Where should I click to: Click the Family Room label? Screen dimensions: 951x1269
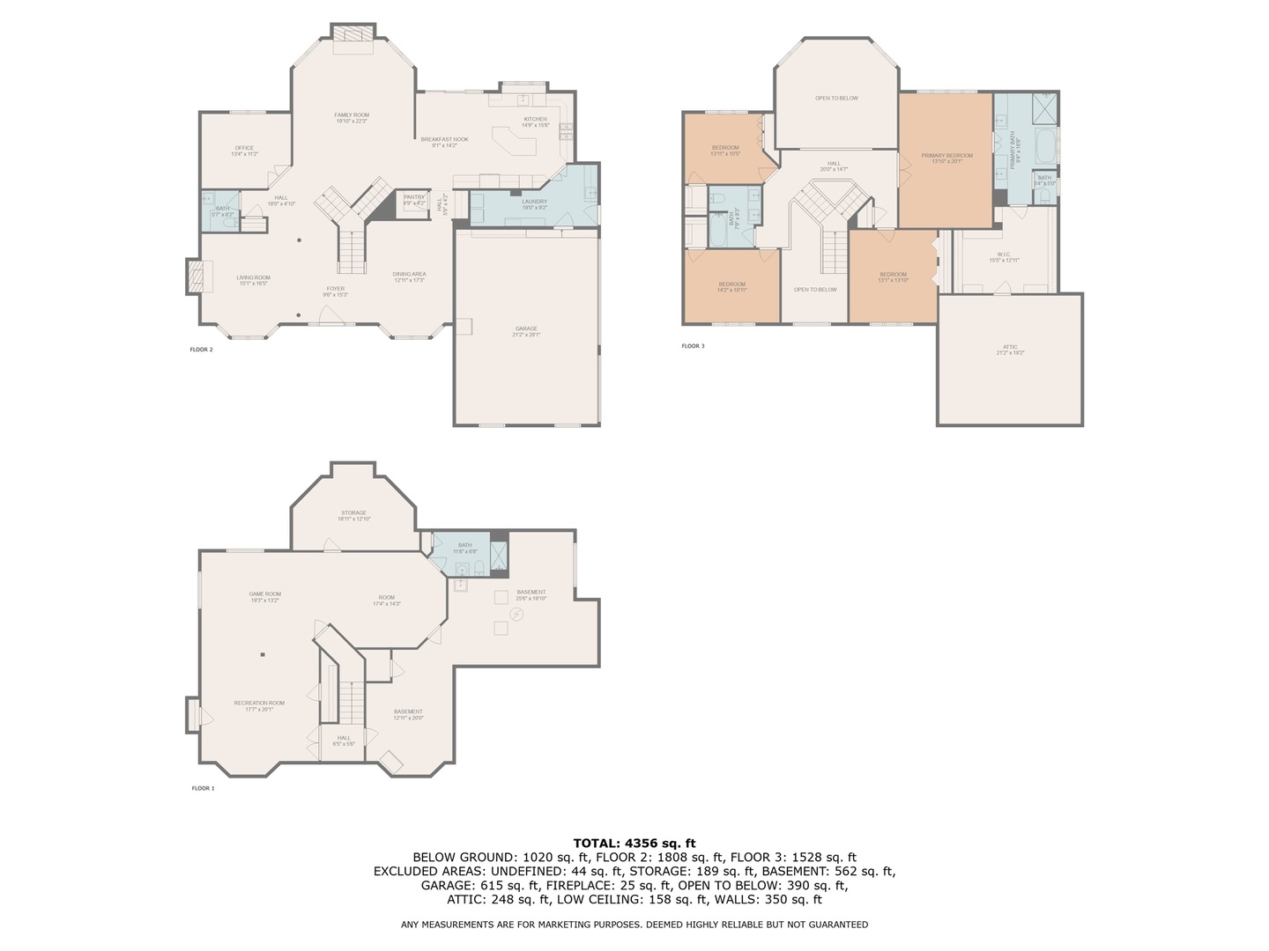point(352,115)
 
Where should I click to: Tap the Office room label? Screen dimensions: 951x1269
point(244,148)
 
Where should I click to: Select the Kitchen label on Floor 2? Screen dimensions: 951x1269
point(535,119)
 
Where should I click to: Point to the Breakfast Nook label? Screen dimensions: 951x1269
point(444,139)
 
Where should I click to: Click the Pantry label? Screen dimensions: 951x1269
point(414,197)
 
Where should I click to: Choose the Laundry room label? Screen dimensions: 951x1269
point(534,202)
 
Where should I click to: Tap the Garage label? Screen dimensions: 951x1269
point(526,329)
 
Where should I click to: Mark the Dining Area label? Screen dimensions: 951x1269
point(409,275)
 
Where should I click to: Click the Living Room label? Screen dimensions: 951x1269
point(253,278)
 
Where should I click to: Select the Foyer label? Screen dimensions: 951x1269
point(336,289)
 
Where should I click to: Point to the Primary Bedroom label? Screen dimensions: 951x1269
point(947,156)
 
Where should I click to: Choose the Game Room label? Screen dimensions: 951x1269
point(264,594)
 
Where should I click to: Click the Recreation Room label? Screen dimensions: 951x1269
point(259,704)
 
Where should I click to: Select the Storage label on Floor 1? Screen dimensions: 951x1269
point(353,513)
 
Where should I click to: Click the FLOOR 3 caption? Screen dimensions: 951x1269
point(693,346)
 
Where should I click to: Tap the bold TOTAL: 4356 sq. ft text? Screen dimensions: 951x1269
point(634,843)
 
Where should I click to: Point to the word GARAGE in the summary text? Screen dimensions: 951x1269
point(442,886)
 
